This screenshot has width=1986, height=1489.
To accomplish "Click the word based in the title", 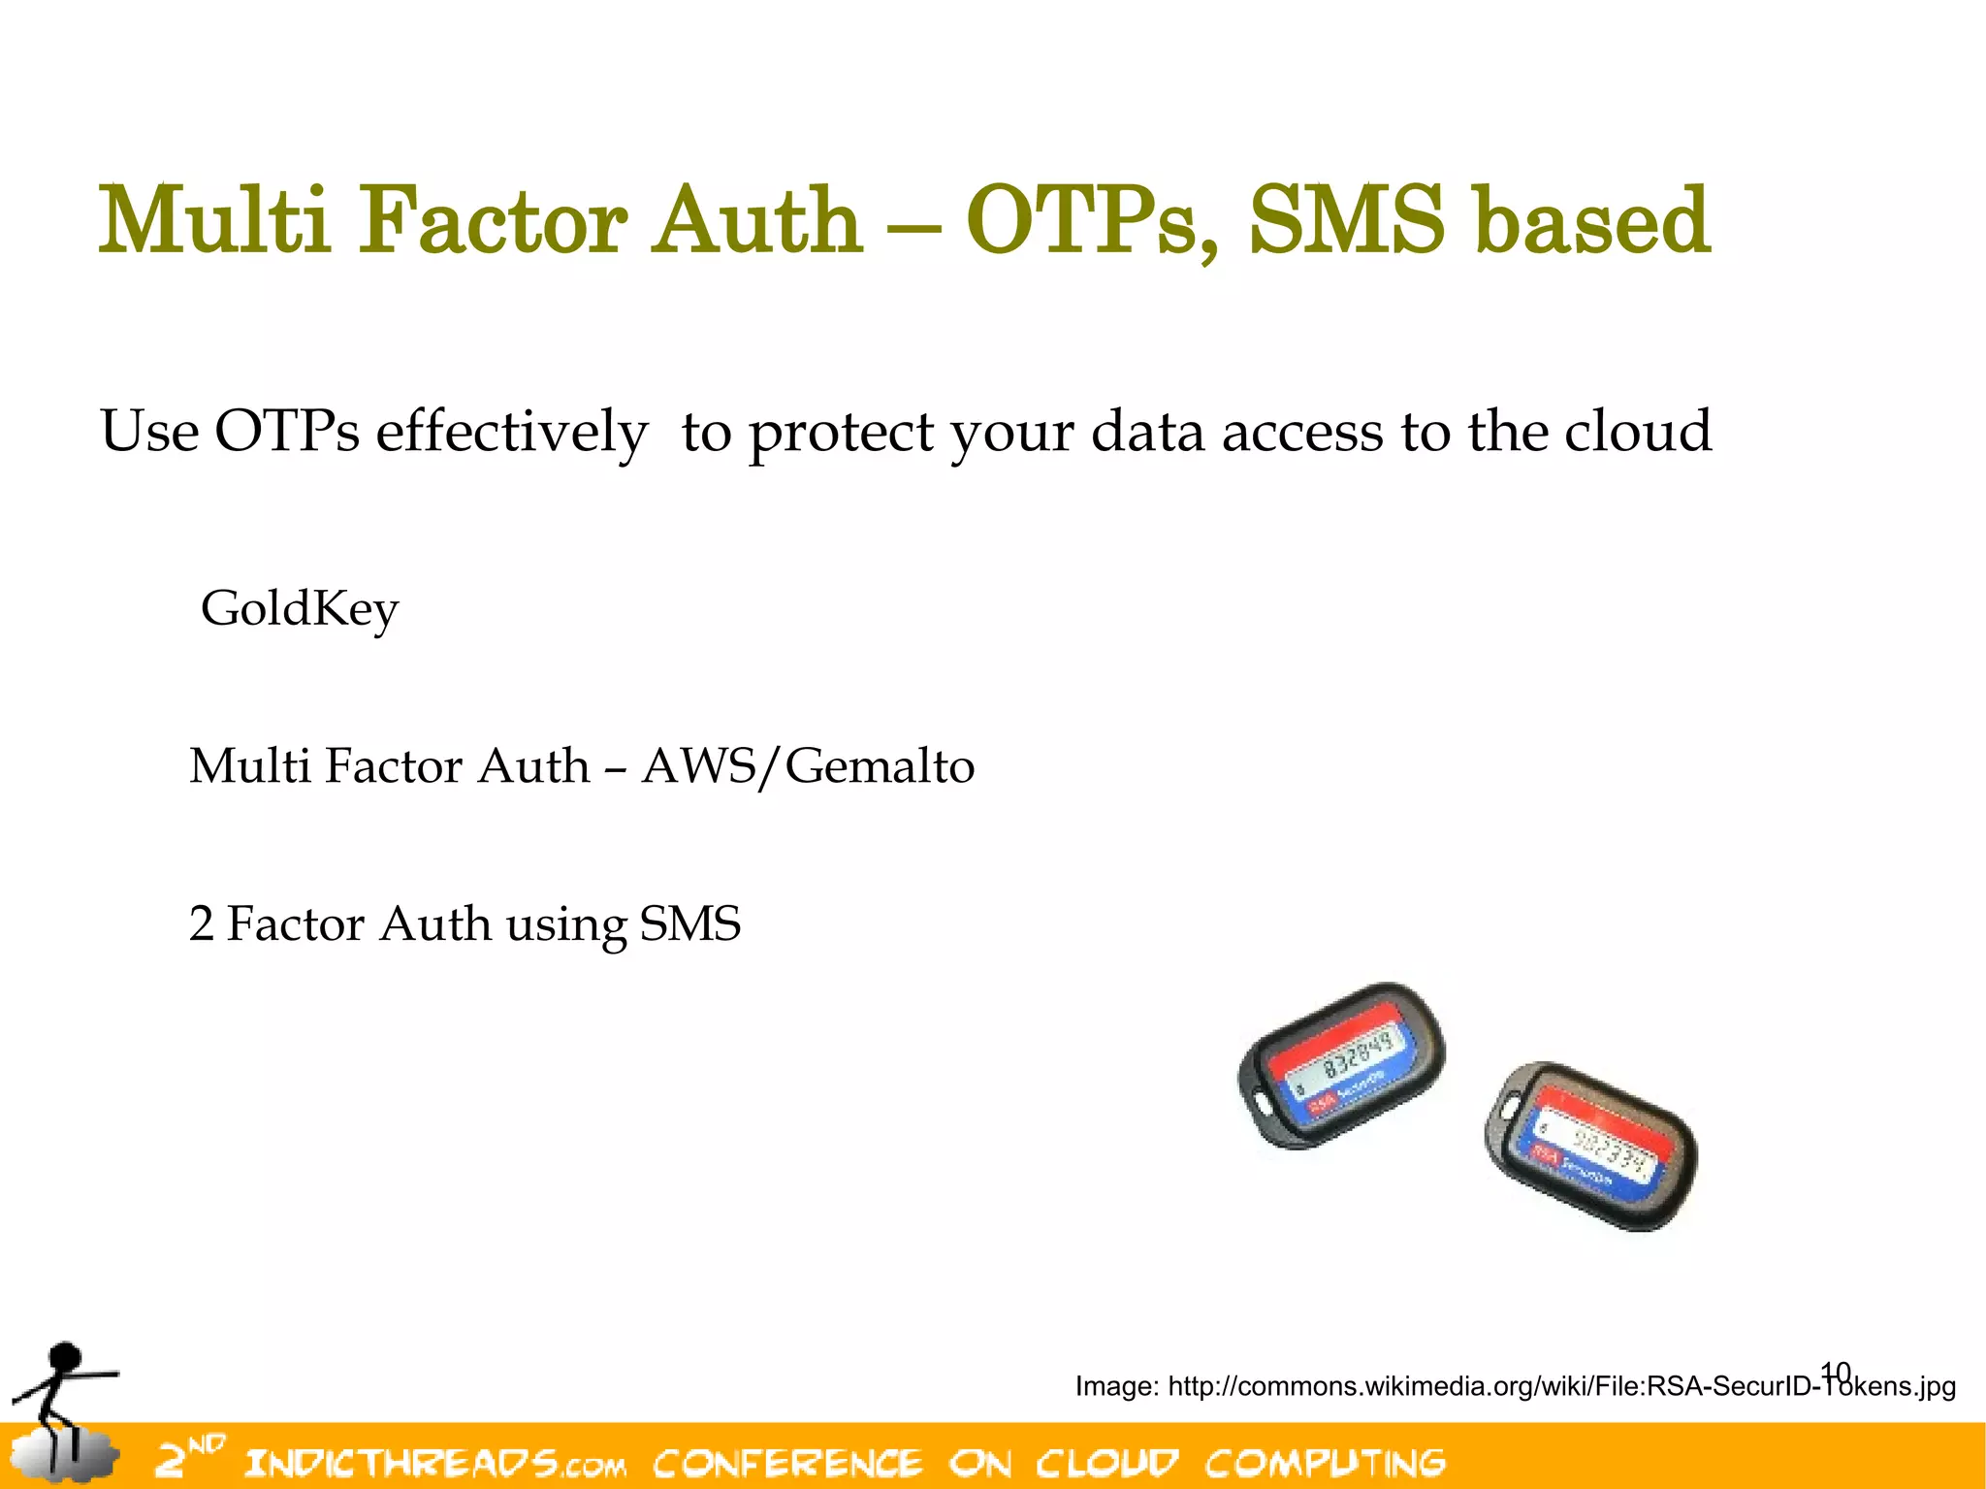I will coord(1591,221).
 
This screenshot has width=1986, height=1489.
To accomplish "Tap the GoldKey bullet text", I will coord(300,610).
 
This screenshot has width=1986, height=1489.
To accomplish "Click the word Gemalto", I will coord(879,766).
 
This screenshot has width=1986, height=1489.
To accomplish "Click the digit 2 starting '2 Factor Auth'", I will coord(201,923).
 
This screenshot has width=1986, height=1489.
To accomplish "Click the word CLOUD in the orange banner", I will coord(1106,1463).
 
